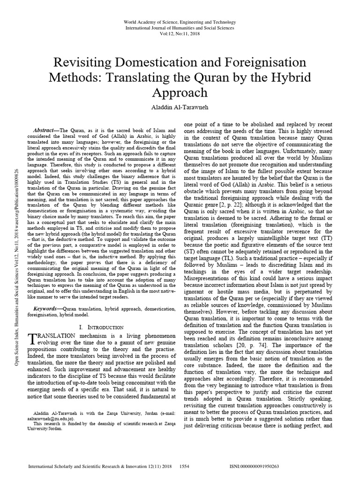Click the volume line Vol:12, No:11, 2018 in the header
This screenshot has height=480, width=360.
(180, 34)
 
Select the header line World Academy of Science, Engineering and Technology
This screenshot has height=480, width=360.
(180, 22)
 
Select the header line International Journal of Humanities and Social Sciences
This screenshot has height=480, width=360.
(180, 28)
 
